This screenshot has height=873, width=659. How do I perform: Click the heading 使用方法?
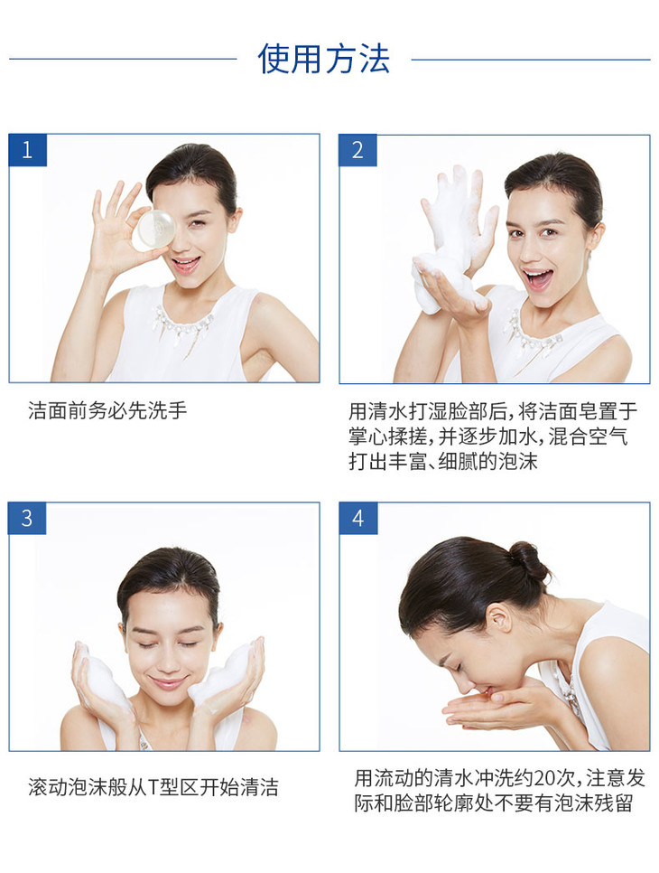324,59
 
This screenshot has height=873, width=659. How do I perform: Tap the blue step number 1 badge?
27,150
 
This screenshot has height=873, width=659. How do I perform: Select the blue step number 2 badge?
357,150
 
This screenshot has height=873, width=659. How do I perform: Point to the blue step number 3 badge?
27,519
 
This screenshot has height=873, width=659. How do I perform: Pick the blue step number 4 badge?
358,519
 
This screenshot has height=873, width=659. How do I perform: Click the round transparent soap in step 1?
153,229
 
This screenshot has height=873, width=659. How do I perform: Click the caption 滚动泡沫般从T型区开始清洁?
153,787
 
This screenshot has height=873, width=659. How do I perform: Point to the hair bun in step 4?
528,560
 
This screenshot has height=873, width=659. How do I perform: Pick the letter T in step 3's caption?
153,788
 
